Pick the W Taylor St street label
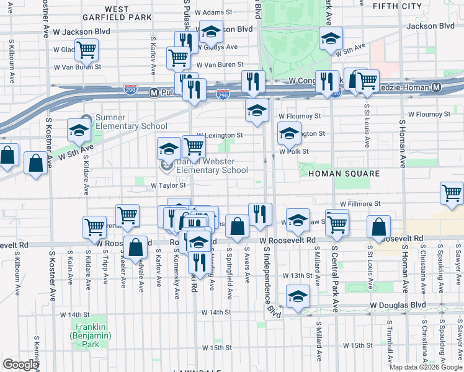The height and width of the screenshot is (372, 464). [169, 185]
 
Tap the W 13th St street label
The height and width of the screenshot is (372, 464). [295, 275]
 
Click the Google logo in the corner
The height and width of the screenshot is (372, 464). [21, 365]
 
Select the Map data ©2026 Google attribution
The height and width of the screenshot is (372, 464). [426, 367]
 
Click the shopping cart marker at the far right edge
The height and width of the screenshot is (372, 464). [452, 193]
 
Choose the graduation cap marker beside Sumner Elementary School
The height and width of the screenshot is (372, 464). [79, 130]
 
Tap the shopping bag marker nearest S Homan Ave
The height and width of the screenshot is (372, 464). [378, 228]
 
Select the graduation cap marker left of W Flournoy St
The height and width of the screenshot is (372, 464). [255, 110]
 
